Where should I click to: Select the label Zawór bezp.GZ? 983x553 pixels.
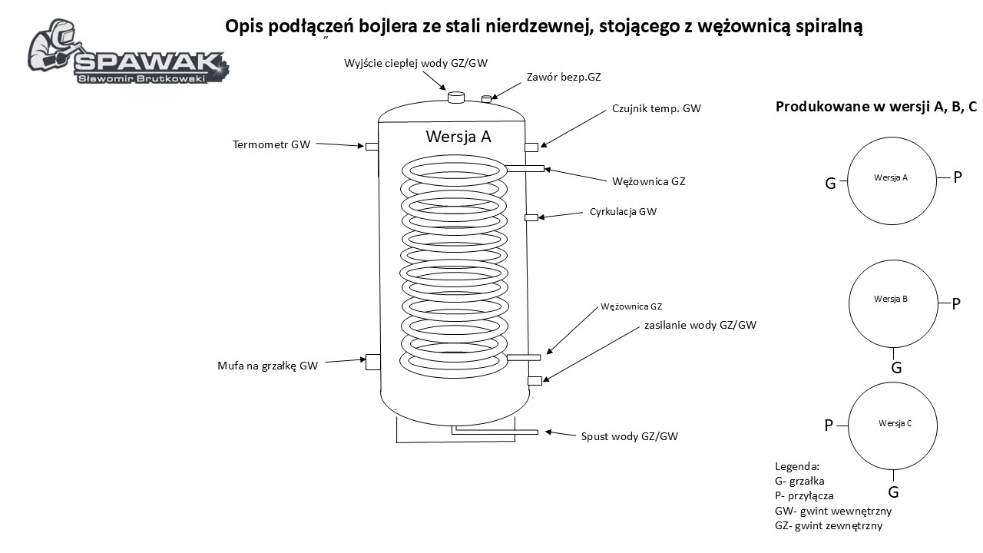(x=564, y=78)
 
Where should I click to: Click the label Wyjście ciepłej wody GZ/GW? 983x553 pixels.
(x=416, y=62)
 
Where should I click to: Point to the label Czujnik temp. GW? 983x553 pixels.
(x=657, y=109)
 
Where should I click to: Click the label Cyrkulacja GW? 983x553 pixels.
(x=623, y=211)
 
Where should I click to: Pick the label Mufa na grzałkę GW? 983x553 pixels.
(x=267, y=366)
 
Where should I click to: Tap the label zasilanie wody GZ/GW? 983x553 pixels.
(x=700, y=325)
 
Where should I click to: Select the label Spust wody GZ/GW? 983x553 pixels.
(x=629, y=436)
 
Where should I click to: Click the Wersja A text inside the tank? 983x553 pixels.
(x=458, y=137)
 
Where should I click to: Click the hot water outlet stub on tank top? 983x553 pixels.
(x=455, y=98)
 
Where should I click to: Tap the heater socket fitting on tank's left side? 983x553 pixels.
(x=372, y=361)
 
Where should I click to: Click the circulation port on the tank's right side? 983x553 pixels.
(x=530, y=218)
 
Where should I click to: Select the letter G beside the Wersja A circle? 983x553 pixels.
(x=830, y=184)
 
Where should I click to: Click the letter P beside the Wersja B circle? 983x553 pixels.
(x=956, y=303)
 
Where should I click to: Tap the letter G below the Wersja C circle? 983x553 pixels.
(x=893, y=492)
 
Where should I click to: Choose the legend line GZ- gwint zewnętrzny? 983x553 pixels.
(x=829, y=526)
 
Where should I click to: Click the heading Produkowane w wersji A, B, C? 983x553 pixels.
(x=875, y=107)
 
